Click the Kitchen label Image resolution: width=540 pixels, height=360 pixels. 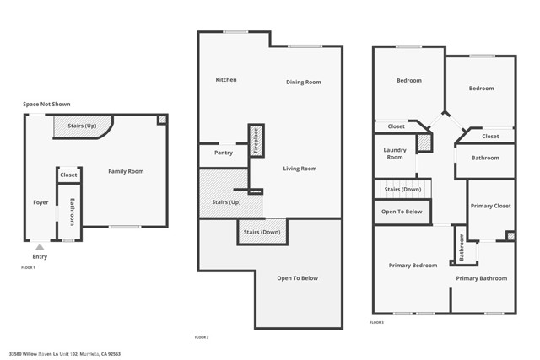click(226, 80)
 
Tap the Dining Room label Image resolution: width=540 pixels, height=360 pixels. click(303, 82)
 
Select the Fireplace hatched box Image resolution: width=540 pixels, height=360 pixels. click(255, 140)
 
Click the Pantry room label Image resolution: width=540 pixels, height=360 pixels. click(224, 153)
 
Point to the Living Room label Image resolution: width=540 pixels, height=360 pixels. click(300, 169)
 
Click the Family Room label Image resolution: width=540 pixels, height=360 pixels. click(126, 171)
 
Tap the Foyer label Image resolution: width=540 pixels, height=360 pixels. click(40, 202)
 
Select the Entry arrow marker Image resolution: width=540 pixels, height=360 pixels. click(39, 247)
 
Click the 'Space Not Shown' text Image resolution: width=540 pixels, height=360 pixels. click(46, 104)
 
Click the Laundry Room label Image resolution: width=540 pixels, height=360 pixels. click(395, 153)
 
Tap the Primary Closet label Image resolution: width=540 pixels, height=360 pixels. click(491, 206)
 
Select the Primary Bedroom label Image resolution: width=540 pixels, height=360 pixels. click(413, 266)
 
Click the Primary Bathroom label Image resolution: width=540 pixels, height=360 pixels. click(482, 278)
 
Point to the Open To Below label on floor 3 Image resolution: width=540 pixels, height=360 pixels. click(402, 212)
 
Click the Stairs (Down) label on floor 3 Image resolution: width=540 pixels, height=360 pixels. click(402, 190)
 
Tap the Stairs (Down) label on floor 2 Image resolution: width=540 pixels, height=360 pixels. click(262, 231)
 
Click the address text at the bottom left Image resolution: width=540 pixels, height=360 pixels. click(65, 354)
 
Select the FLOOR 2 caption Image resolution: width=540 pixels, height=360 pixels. click(202, 337)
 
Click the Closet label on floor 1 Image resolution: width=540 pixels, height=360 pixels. click(68, 175)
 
